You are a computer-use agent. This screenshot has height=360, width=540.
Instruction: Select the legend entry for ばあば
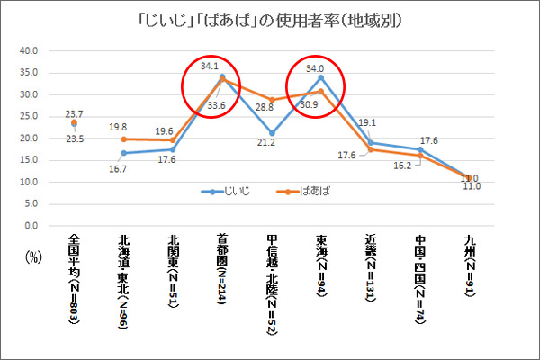coord(285,192)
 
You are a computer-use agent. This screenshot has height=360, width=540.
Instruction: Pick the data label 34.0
coord(316,68)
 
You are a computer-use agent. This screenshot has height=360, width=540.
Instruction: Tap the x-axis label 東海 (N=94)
coord(321,274)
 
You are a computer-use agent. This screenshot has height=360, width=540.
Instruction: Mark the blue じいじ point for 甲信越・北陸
coord(272,133)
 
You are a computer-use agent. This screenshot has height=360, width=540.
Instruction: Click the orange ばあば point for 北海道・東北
coord(123,139)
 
